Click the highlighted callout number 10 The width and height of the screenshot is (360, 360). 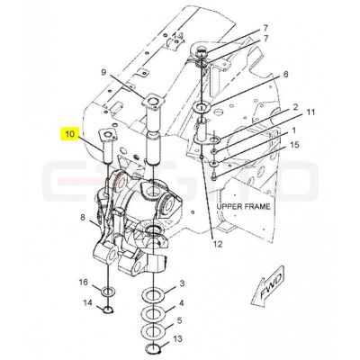click(69, 134)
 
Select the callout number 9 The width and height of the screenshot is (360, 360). click(103, 72)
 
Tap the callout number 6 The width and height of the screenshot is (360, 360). click(285, 74)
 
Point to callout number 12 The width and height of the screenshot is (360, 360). click(218, 244)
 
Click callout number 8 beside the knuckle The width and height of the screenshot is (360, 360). click(83, 218)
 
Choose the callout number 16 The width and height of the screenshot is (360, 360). click(84, 283)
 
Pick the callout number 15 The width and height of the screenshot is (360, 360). click(294, 145)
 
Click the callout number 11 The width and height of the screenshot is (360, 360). click(310, 112)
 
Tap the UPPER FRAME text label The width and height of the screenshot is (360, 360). click(243, 206)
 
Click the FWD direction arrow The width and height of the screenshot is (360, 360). click(268, 285)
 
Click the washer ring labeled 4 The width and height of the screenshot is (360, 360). click(154, 314)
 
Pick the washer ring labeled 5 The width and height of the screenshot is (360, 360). click(154, 331)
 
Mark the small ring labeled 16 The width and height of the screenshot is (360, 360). click(107, 292)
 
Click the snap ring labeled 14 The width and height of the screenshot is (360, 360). click(107, 309)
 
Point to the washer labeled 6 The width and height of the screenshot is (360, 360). click(202, 107)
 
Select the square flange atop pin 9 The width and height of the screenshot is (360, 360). click(153, 101)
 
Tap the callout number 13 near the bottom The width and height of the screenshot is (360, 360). click(177, 339)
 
